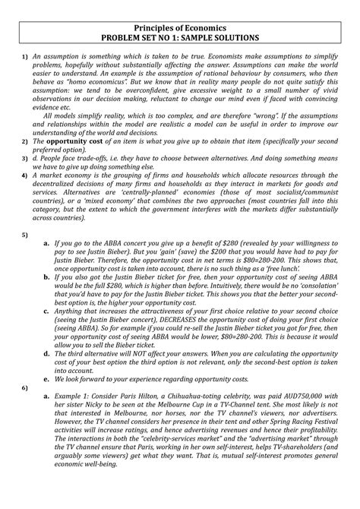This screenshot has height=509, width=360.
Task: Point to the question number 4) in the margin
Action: (x=23, y=174)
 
